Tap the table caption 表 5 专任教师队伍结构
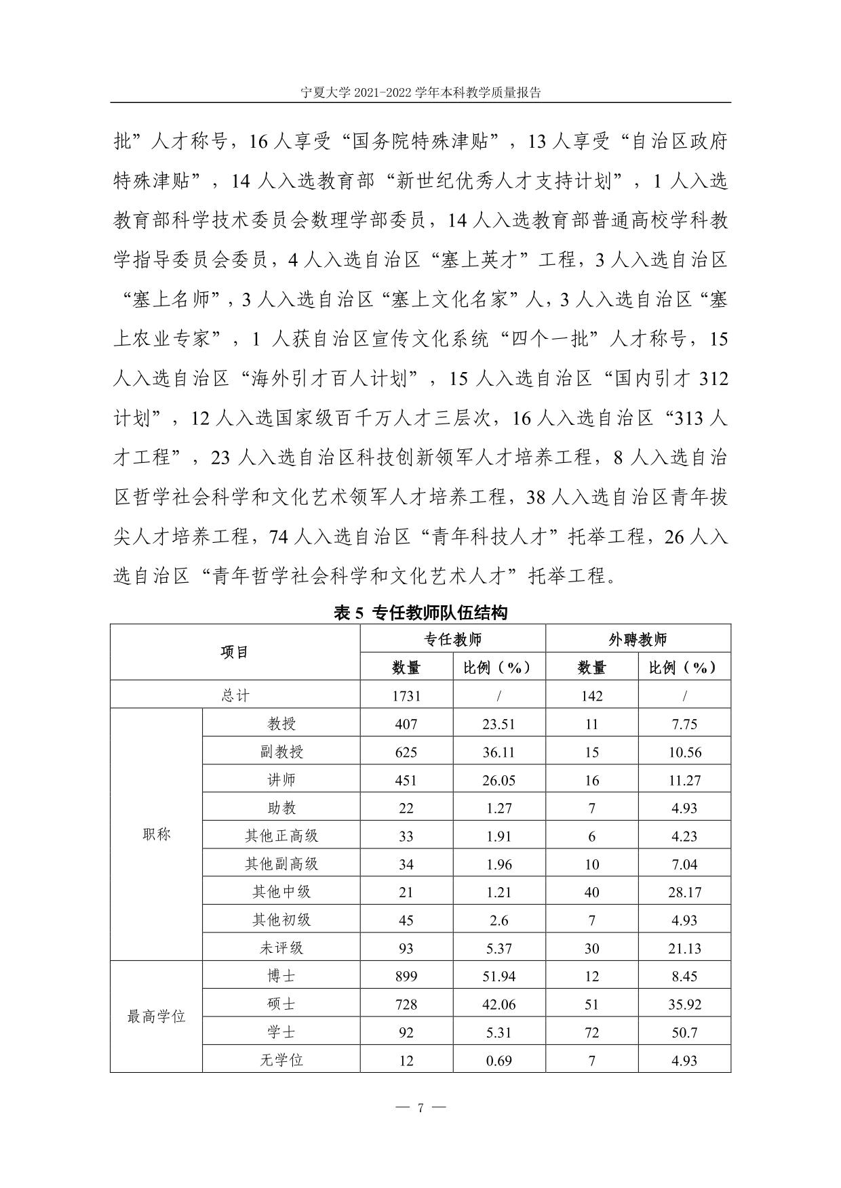[420, 613]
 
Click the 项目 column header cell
[235, 652]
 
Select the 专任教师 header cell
[452, 639]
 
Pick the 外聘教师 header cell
[638, 639]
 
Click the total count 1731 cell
[406, 696]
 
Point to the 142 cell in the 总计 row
[591, 696]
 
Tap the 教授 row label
[281, 724]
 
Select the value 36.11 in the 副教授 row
[498, 752]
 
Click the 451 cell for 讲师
[406, 780]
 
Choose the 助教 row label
[281, 808]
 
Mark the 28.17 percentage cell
[684, 893]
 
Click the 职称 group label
[156, 835]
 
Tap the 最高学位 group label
[156, 1017]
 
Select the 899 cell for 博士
[406, 977]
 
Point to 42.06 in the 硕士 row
[498, 1004]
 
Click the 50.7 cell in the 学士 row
[684, 1033]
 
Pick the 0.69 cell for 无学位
[498, 1061]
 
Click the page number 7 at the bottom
[420, 1108]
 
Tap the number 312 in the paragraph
[712, 379]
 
